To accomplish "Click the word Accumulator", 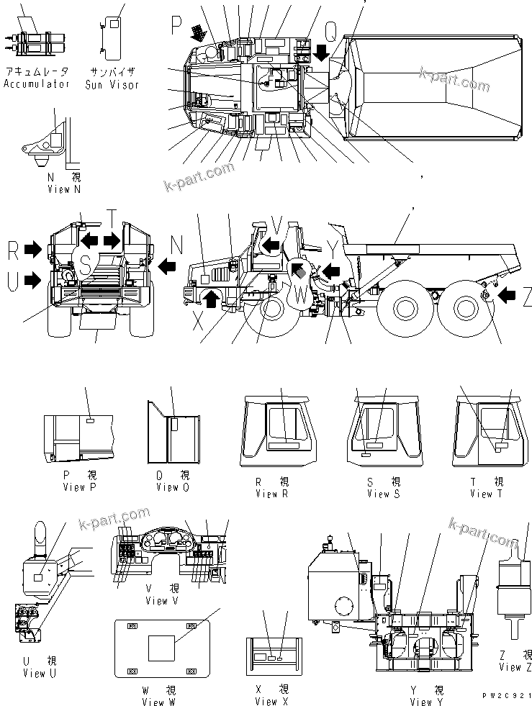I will point(36,84).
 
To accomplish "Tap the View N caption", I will point(63,189).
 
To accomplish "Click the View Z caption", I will point(509,667).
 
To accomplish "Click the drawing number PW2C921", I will point(508,696).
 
